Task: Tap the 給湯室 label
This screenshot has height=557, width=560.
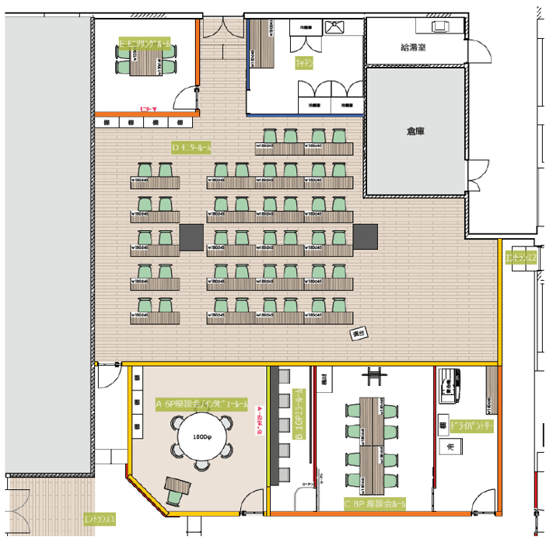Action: (x=414, y=47)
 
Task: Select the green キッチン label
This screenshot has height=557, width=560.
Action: (x=303, y=65)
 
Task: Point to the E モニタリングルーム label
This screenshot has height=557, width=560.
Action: (x=145, y=45)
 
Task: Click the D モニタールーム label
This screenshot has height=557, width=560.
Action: (x=191, y=146)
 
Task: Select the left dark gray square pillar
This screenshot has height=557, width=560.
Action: (x=191, y=234)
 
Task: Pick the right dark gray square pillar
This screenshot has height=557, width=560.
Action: (x=365, y=235)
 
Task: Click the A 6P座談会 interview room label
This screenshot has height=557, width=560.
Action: (x=202, y=405)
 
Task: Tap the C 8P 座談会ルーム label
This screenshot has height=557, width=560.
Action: (x=375, y=503)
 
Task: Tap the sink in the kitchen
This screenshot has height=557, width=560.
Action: (x=335, y=27)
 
